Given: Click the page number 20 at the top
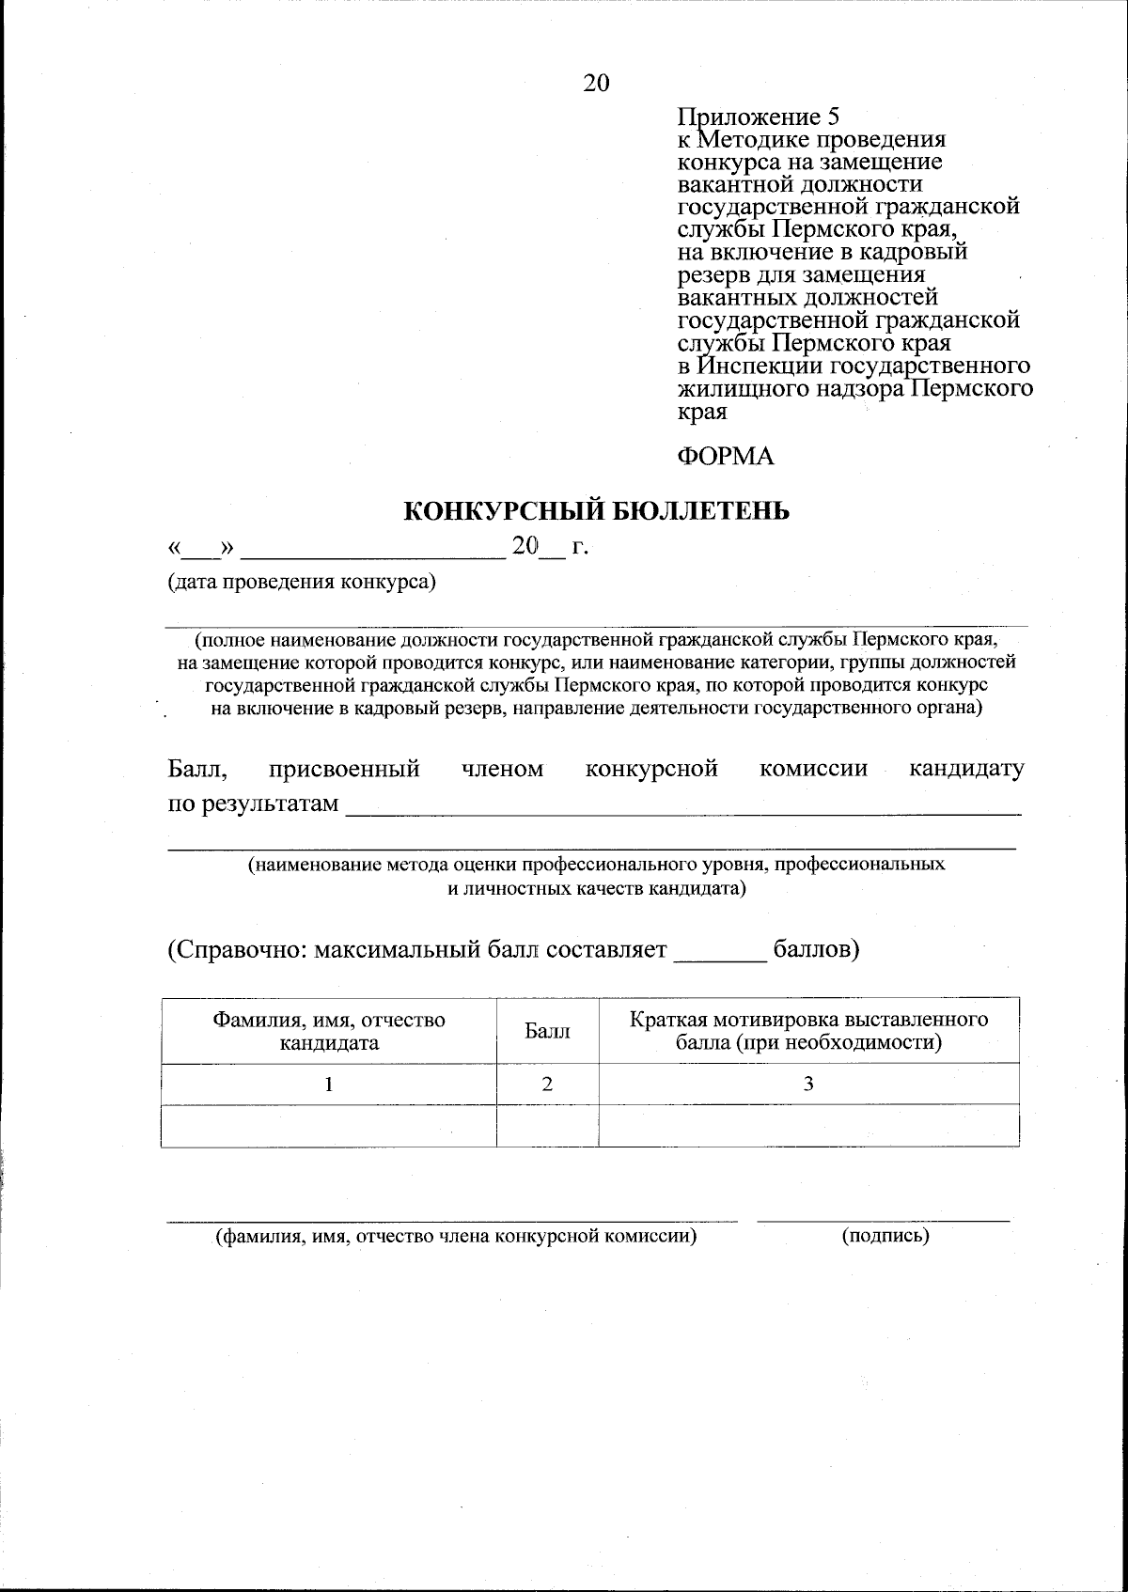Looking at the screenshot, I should click(596, 83).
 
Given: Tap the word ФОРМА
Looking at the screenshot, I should click(725, 457).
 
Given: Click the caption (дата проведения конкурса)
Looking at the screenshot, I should click(302, 582).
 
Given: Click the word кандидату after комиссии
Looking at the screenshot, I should click(966, 770).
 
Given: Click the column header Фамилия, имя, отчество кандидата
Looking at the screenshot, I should click(328, 1031).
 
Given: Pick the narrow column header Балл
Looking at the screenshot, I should click(547, 1032).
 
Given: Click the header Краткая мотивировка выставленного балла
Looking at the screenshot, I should click(808, 1031).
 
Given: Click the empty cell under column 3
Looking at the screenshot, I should click(808, 1126).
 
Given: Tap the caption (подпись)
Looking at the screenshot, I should click(885, 1236).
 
